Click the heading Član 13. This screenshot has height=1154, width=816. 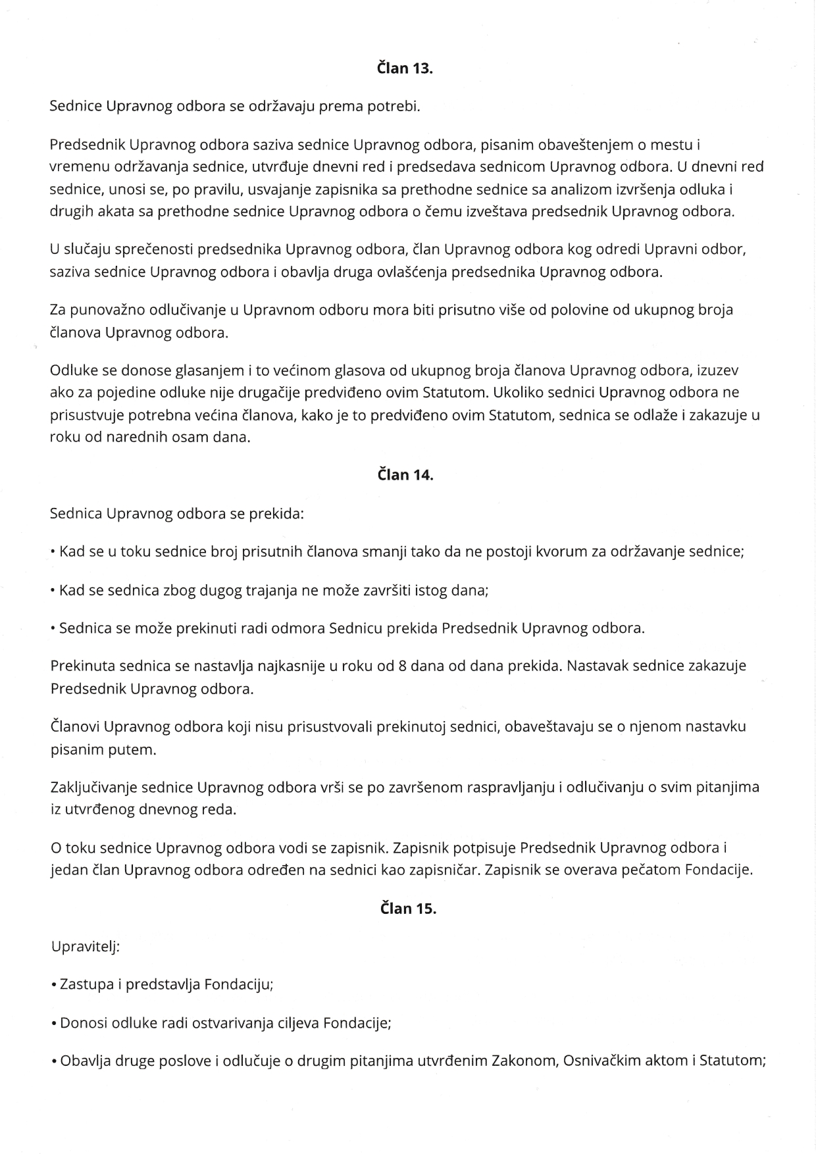[x=405, y=68]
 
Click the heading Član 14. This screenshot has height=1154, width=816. [x=405, y=475]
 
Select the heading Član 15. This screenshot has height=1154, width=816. [x=408, y=909]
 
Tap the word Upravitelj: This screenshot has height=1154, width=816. [x=85, y=947]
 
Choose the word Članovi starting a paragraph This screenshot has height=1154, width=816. [x=75, y=726]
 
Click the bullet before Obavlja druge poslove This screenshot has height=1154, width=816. [x=53, y=1061]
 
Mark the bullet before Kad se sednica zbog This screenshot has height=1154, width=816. [x=53, y=590]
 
